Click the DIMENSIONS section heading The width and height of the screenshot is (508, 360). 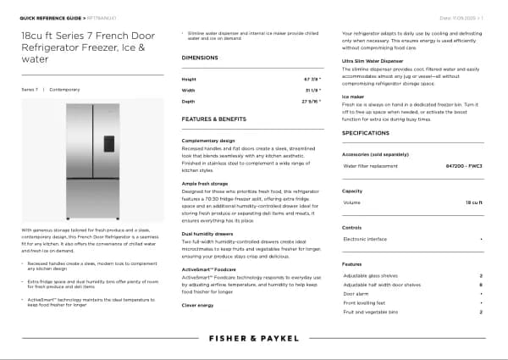(x=200, y=57)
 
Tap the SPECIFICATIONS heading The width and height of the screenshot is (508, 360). (x=366, y=134)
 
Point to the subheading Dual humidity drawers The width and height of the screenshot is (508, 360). (x=207, y=233)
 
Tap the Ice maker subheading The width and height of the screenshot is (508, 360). (x=353, y=97)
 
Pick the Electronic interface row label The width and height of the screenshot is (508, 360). (x=366, y=240)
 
